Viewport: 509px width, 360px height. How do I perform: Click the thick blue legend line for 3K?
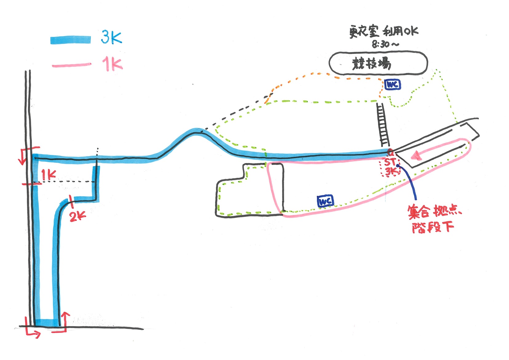70,40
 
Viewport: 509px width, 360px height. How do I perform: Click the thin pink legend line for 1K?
71,65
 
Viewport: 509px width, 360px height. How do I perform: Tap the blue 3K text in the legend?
111,38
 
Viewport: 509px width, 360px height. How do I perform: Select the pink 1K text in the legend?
112,64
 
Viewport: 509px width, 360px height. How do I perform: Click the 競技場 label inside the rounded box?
372,64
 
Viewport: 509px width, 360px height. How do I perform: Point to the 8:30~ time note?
385,44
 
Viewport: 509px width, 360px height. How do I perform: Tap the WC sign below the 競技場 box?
392,84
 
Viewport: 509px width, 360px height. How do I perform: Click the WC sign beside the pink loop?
325,201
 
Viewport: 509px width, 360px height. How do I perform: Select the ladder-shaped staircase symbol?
383,125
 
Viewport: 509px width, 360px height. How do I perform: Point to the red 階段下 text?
433,227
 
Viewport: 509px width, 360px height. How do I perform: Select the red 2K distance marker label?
77,216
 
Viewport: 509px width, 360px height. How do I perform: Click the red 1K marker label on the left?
49,175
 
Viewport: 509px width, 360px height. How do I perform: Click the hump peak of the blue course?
195,131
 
